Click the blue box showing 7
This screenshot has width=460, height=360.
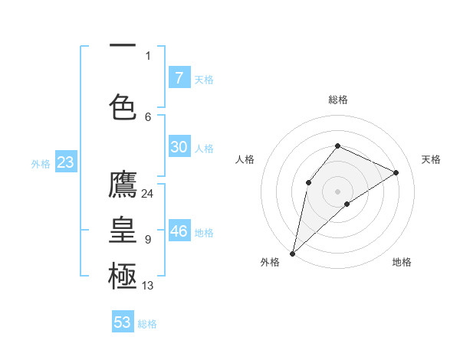pyautogui.click(x=179, y=77)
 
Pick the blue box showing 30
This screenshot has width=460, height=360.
pyautogui.click(x=179, y=147)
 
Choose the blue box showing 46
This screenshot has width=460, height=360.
pyautogui.click(x=179, y=231)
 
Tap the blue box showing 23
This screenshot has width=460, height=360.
pyautogui.click(x=64, y=162)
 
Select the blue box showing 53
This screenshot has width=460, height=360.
pyautogui.click(x=123, y=322)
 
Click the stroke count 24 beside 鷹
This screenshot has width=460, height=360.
pyautogui.click(x=148, y=193)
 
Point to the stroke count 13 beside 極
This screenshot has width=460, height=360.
pyautogui.click(x=148, y=286)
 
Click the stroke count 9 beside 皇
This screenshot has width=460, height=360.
pyautogui.click(x=147, y=240)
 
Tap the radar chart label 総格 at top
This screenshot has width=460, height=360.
pyautogui.click(x=337, y=100)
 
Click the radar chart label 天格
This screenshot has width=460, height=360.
pyautogui.click(x=431, y=159)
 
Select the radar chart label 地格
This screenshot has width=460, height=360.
pyautogui.click(x=402, y=262)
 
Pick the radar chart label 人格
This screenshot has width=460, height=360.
pyautogui.click(x=245, y=159)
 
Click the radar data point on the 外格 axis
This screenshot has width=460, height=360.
pyautogui.click(x=292, y=253)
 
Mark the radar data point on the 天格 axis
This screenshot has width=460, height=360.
pyautogui.click(x=396, y=172)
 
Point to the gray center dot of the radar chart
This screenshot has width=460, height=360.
pyautogui.click(x=337, y=191)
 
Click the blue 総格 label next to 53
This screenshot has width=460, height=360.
pyautogui.click(x=147, y=324)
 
